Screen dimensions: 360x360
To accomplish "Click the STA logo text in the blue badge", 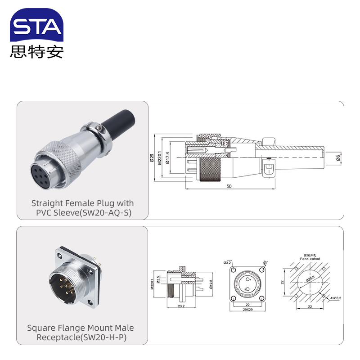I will tap(36, 27).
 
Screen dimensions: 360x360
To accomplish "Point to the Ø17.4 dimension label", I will tap(167, 158).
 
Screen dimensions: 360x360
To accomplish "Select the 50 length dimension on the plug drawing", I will tap(229, 186).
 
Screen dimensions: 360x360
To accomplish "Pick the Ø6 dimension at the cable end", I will tap(337, 157).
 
